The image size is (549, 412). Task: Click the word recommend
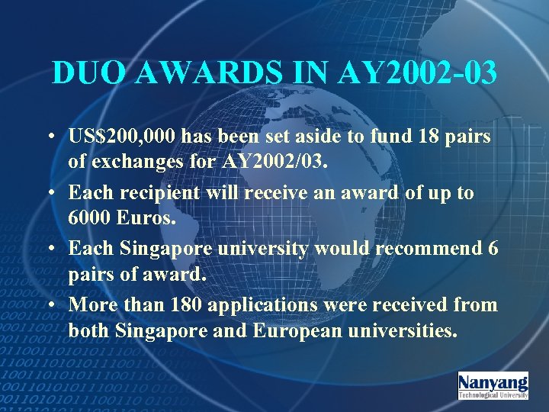[x=422, y=249]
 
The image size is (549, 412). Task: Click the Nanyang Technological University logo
[x=493, y=385]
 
